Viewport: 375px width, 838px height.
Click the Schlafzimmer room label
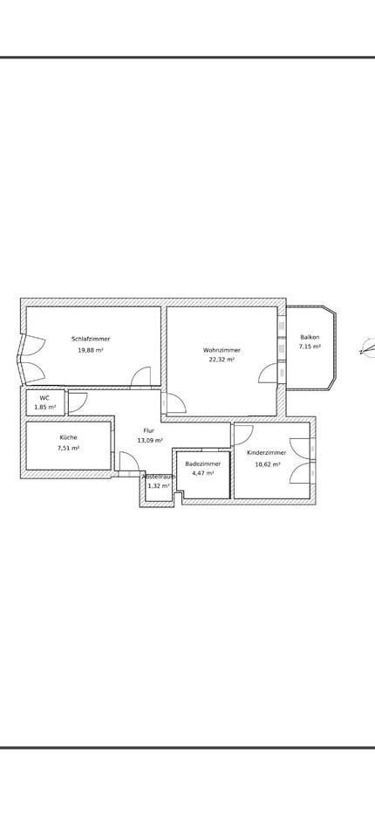pos(91,339)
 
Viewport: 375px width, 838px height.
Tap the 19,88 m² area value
pos(91,350)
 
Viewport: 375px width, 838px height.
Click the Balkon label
pos(310,337)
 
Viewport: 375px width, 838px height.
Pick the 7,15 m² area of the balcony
pos(310,347)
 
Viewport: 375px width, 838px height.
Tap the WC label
pos(44,398)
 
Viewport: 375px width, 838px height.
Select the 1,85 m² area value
pos(45,407)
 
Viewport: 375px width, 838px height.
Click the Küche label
pos(68,437)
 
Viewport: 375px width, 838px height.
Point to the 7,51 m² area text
pos(68,448)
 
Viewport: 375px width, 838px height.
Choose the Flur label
pos(149,431)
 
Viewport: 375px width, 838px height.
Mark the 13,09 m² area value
pos(150,441)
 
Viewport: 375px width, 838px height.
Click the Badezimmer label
pos(203,464)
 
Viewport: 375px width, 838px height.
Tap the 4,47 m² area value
pos(203,473)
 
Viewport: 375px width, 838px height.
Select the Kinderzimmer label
pos(266,453)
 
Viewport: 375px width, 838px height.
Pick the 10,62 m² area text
pos(267,464)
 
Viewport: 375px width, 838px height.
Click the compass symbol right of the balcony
pos(367,350)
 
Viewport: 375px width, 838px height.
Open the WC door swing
pos(77,402)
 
